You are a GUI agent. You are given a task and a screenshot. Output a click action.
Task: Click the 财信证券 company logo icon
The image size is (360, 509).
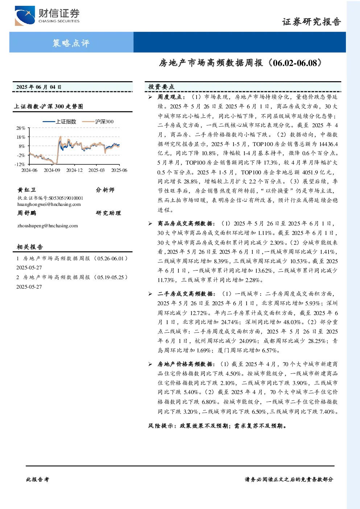point(25,16)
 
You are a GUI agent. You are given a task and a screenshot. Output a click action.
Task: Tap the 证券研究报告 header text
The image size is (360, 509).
point(311,22)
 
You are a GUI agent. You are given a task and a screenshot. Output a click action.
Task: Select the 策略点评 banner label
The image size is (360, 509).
point(71,43)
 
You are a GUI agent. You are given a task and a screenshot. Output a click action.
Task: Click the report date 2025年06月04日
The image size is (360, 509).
point(39,87)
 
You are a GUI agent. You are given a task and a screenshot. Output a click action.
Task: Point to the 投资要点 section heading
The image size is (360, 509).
point(161,87)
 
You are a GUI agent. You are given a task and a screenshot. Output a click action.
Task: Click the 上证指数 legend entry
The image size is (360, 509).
point(59,121)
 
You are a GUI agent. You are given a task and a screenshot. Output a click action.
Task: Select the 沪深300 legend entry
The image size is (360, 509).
point(98,121)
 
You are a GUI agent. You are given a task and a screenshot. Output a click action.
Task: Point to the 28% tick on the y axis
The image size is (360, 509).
point(21,128)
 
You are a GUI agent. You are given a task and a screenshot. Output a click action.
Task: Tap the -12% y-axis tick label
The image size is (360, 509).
point(20,164)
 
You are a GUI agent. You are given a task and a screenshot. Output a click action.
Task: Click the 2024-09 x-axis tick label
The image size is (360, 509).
point(52,170)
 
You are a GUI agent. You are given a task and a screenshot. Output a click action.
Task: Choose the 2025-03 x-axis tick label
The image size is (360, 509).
point(96,170)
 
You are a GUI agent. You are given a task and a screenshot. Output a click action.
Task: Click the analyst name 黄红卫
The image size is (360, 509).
point(26,190)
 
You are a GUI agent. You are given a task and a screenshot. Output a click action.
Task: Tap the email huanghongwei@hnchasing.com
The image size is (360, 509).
point(49,204)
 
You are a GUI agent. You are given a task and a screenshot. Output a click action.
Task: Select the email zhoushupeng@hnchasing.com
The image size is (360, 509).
point(47,225)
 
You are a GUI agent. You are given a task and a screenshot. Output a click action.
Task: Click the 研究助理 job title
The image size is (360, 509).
point(108,213)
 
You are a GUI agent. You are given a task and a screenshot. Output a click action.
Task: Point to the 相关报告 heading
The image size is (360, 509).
point(30,247)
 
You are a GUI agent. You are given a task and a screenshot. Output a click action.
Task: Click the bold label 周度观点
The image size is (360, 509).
point(170,97)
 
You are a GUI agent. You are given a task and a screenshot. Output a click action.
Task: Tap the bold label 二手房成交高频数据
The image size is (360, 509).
point(185,294)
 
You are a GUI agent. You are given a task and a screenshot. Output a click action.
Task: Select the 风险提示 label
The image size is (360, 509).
point(161,426)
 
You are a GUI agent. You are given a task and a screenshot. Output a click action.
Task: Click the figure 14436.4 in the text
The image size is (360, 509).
point(328,144)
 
